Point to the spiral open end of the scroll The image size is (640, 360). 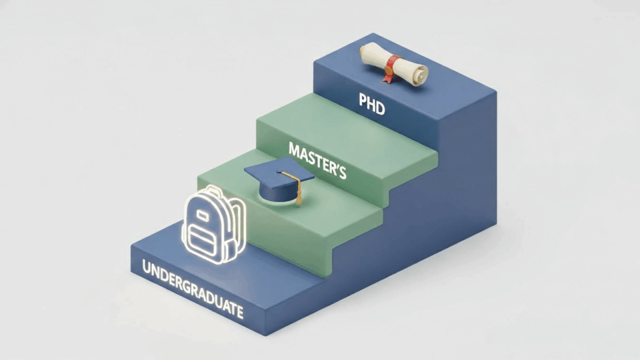[421, 74]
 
